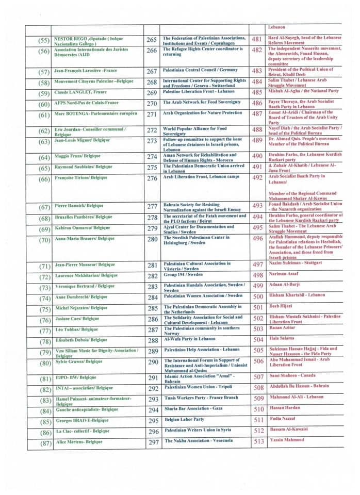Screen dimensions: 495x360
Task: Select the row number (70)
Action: pyautogui.click(x=44, y=240)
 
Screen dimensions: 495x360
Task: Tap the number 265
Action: pyautogui.click(x=152, y=40)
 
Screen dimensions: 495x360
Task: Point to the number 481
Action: pyautogui.click(x=256, y=40)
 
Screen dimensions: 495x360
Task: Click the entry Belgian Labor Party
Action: pyautogui.click(x=183, y=419)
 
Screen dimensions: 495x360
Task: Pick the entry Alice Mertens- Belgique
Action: pyautogui.click(x=79, y=442)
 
